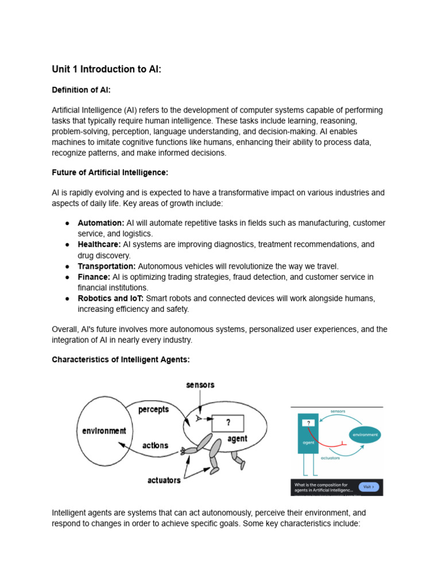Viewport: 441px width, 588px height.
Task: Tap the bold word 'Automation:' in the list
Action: point(101,223)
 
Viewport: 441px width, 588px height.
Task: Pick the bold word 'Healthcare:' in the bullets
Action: point(99,245)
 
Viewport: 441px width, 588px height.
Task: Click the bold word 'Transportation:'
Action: point(107,266)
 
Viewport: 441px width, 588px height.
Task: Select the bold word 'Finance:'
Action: point(94,277)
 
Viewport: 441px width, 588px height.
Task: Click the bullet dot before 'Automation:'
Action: point(67,223)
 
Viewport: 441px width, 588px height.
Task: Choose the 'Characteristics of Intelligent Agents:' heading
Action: point(121,359)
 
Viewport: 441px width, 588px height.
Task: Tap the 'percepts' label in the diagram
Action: point(153,409)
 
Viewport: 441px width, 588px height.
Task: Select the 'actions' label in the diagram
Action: point(155,446)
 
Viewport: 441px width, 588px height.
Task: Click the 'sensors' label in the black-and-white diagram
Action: point(200,385)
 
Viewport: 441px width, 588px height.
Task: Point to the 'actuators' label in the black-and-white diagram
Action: point(164,480)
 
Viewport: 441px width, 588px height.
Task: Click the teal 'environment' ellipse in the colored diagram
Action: point(365,435)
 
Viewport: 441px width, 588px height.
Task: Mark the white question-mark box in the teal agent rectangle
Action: point(308,423)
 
